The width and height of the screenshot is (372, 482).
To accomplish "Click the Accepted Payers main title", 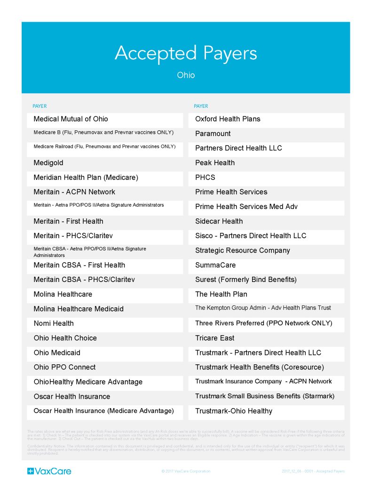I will [186, 53].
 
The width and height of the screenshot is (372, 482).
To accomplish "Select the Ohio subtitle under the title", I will [186, 75].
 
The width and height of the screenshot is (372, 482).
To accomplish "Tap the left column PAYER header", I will [40, 106].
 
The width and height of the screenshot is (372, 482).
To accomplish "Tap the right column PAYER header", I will [201, 106].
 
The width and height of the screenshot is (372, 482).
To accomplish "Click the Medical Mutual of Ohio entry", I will [71, 119].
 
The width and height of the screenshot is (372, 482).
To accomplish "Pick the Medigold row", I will [48, 163].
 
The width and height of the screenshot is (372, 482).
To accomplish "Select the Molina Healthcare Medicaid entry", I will [79, 309].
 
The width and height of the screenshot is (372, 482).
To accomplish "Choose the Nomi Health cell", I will [54, 323].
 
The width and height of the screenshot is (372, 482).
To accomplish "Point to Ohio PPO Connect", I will [64, 367].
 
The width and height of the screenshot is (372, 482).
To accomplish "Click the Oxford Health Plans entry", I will [228, 119].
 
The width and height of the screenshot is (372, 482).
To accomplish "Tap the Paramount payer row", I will [213, 134].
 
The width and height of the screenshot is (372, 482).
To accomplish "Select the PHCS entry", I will [205, 177].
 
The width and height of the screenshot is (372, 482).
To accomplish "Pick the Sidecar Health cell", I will [219, 221].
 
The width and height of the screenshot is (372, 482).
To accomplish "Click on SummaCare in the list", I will [215, 265].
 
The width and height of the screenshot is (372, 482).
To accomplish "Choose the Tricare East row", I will [215, 338].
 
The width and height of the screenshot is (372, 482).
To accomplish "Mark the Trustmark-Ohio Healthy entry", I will [234, 411].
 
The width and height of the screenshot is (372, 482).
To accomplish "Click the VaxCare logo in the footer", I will [49, 471].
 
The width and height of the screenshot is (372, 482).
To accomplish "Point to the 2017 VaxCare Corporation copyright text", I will [186, 471].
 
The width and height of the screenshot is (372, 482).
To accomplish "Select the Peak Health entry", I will [215, 163].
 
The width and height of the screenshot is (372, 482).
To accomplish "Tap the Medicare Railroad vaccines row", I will [104, 147].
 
